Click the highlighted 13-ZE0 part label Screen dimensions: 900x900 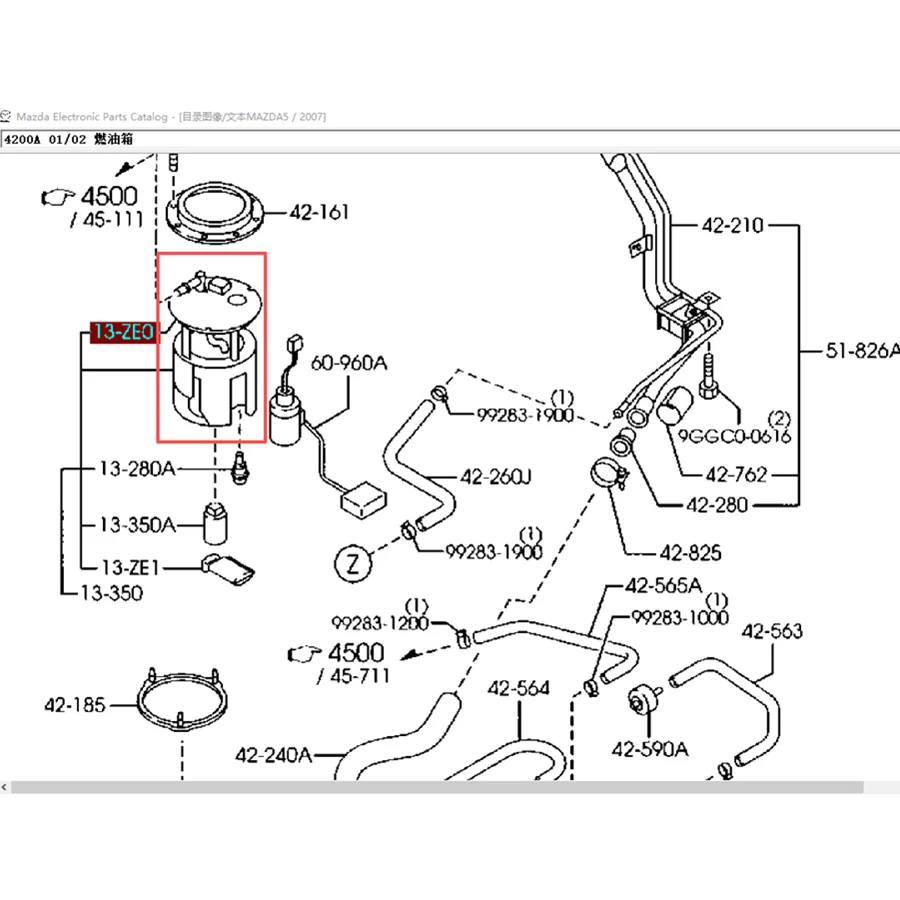coord(123,332)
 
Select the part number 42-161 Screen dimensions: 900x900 coord(319,212)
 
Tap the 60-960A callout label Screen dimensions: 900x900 coord(349,363)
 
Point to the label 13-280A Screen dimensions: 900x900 coord(137,468)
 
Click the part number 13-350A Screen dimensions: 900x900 coord(138,524)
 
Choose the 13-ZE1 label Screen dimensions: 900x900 coord(130,567)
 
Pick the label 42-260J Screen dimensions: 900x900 coord(496,476)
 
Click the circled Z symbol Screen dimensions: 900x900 coord(353,563)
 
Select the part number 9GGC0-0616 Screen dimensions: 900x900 coord(734,436)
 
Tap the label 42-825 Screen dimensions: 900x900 coord(690,553)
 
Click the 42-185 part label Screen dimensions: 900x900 coord(75,704)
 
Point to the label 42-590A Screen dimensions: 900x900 coord(650,748)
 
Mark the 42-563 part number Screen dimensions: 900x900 coord(772,631)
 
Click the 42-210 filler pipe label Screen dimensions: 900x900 coord(732,225)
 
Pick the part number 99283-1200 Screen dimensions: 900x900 coord(380,623)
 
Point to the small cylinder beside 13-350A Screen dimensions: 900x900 coord(215,523)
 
